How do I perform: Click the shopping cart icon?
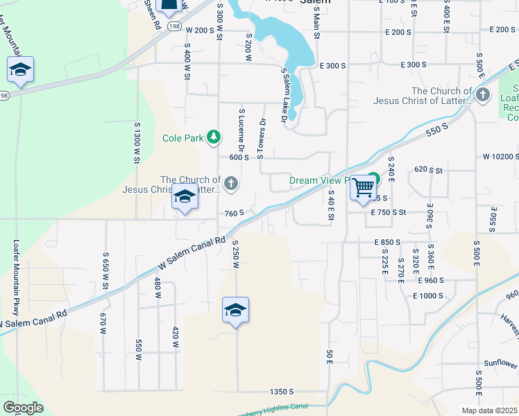(x=364, y=187)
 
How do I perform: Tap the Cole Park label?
(x=183, y=138)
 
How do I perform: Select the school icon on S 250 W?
(x=235, y=311)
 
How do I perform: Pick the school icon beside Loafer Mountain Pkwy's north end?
(x=21, y=70)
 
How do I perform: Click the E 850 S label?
(x=388, y=242)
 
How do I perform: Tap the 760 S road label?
(x=234, y=213)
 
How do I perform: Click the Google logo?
(x=23, y=408)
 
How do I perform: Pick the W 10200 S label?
(x=500, y=157)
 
